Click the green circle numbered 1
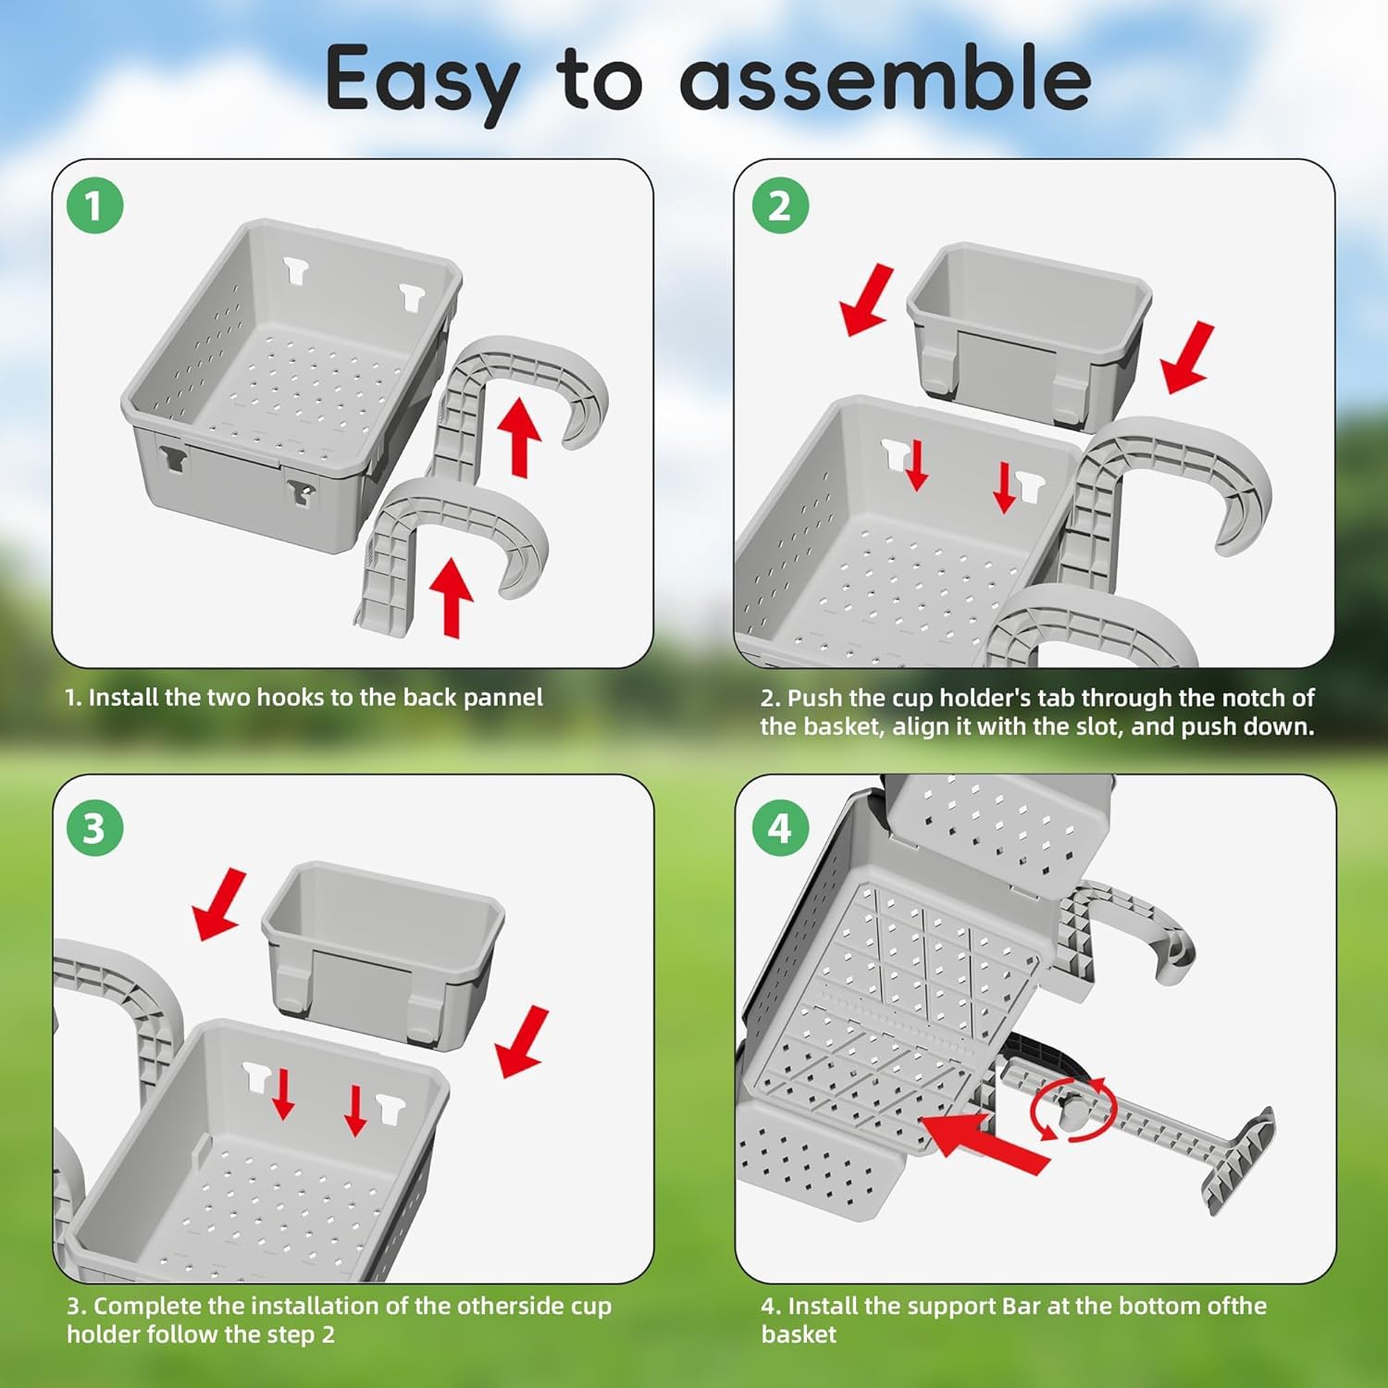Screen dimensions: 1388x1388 94,205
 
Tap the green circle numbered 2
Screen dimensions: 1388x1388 779,205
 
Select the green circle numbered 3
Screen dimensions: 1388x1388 94,828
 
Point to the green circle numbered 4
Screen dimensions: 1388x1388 779,828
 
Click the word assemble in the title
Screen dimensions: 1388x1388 886,79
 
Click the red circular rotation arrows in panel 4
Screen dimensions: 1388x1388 1073,1109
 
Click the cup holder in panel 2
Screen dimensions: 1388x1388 1029,333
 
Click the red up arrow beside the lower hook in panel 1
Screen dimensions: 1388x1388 452,597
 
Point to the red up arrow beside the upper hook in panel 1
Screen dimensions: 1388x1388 520,437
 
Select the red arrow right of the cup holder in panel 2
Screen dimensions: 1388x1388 1187,358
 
